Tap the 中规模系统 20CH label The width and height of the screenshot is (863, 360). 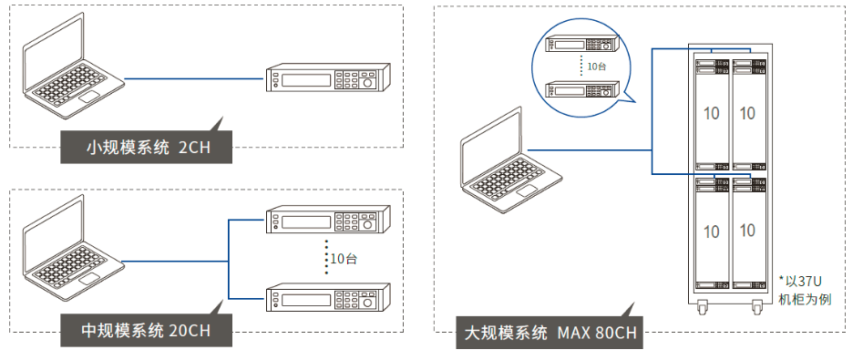(146, 330)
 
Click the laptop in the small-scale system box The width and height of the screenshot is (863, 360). (73, 65)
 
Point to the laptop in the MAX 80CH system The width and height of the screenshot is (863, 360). (511, 159)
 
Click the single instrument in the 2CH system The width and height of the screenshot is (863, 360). (329, 78)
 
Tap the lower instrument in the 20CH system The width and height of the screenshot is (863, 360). (329, 298)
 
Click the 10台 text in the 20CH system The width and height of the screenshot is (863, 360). (344, 258)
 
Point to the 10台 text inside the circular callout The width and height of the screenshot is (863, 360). (596, 66)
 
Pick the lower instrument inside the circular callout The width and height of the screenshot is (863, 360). (582, 89)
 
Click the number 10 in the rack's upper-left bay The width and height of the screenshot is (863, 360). (712, 113)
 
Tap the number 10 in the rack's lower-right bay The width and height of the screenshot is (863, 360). (747, 230)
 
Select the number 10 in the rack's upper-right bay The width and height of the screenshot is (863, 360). (747, 113)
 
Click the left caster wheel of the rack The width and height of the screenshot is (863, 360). (704, 308)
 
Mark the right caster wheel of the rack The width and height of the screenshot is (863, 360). (756, 308)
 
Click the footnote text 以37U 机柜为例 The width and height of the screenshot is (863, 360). (804, 291)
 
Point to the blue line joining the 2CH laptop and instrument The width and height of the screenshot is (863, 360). (195, 78)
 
